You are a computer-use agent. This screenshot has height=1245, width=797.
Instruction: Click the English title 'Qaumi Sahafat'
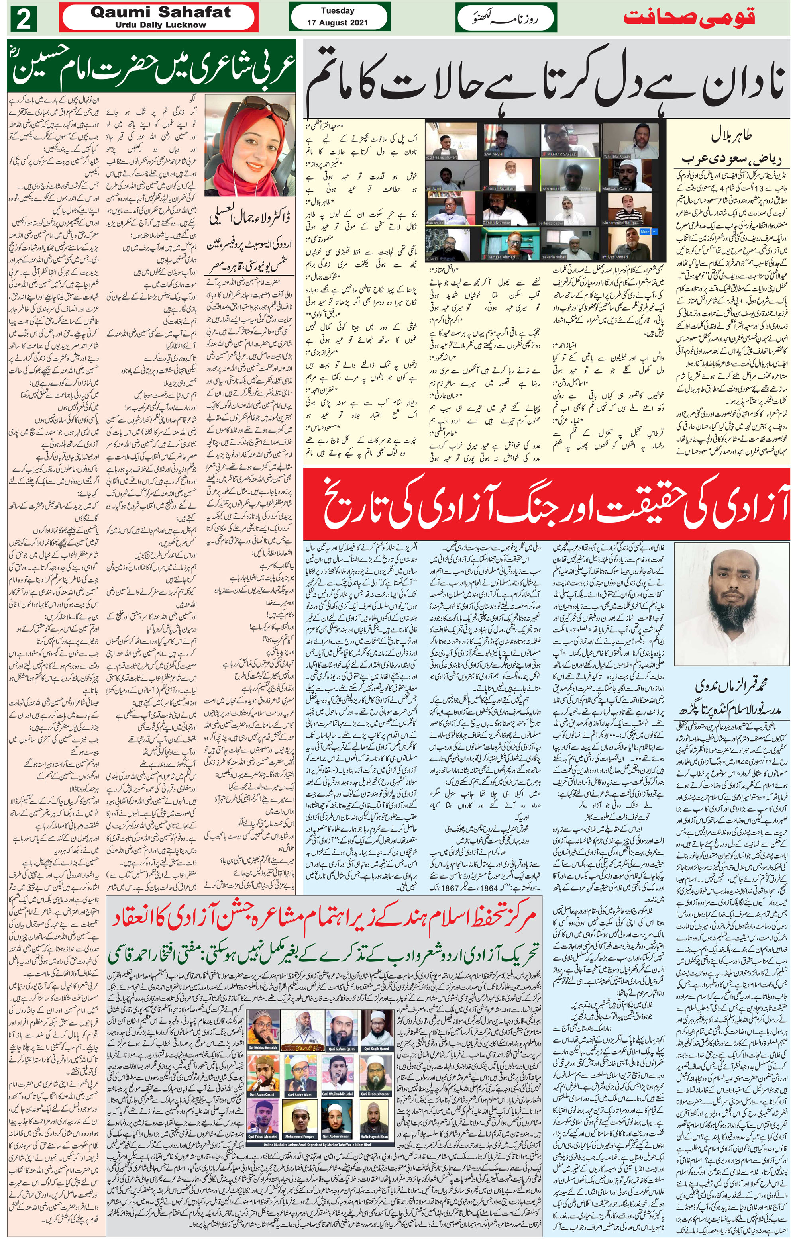161,13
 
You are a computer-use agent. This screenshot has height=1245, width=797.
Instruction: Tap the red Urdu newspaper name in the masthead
688,17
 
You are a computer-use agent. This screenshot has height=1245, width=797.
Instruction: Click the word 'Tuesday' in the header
338,11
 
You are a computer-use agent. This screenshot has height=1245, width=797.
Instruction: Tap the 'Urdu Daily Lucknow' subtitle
161,25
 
